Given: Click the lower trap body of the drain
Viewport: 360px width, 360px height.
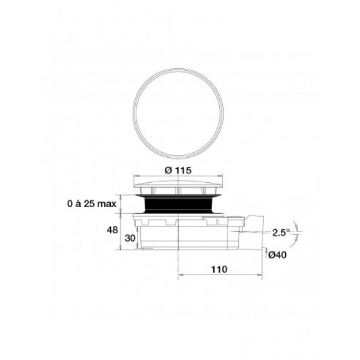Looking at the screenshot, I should click(183, 238).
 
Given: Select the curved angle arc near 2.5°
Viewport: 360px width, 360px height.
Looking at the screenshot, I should click(296, 233).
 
